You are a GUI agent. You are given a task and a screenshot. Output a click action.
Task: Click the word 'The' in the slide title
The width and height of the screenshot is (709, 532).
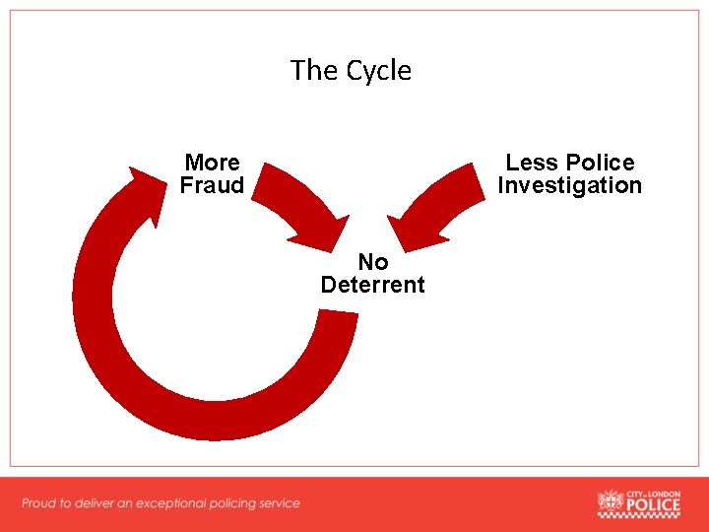pos(314,71)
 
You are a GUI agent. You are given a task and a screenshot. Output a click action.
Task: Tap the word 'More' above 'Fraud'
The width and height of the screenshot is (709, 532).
pos(213,163)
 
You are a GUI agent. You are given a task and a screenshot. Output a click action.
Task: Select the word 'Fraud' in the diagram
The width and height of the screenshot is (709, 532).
pos(212,185)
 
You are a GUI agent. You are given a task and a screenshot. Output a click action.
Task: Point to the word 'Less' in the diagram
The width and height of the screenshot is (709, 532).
pos(533,163)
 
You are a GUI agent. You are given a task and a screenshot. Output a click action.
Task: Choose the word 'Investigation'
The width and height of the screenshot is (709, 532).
pos(569,185)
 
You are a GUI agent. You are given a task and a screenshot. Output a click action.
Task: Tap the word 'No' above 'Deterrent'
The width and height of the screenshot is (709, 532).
pos(373,262)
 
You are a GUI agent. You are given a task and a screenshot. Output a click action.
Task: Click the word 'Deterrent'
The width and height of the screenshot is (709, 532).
pos(373,285)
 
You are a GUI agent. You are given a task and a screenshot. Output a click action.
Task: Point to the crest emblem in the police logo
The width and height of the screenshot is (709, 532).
pos(611,504)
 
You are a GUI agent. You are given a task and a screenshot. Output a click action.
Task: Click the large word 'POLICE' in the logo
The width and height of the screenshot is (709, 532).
pos(654,507)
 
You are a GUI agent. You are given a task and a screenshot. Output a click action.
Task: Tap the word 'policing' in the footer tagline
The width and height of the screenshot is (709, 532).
pos(228,503)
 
